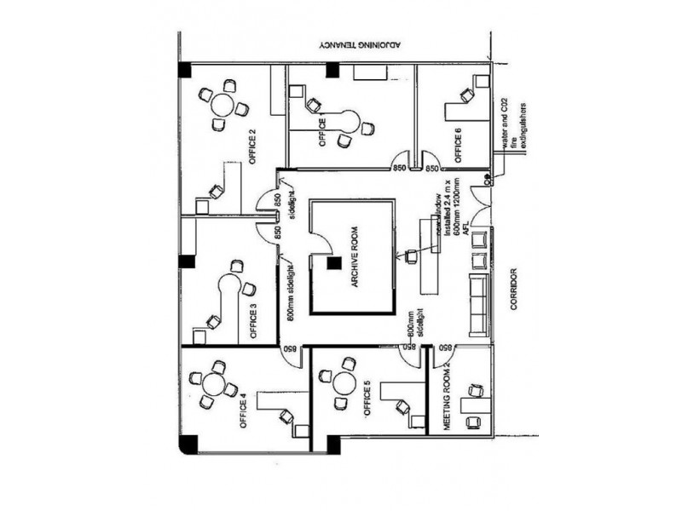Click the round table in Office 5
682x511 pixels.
(x=344, y=382)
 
